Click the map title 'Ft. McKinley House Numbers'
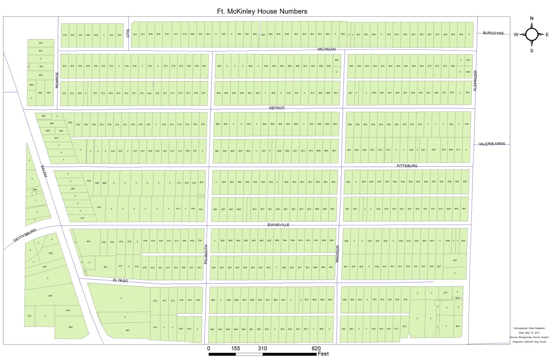coord(262,11)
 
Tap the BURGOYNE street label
coord(493,33)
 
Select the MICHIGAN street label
coord(327,49)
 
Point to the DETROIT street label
coord(277,108)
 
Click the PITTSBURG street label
coord(407,166)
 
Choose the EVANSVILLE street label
coord(278,225)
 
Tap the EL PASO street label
coord(120,280)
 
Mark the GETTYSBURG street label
coord(25,235)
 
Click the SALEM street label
coord(43,171)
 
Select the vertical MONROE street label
coord(57,80)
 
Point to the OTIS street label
coord(128,33)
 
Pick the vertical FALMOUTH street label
coord(206,254)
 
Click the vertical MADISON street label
coord(337,254)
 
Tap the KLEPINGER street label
coord(475,81)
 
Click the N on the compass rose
coord(532,18)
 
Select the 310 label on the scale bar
coord(262,349)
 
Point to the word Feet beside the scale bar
coord(323,354)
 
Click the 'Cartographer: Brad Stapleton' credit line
coord(529,328)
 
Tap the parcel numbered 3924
coord(50,296)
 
